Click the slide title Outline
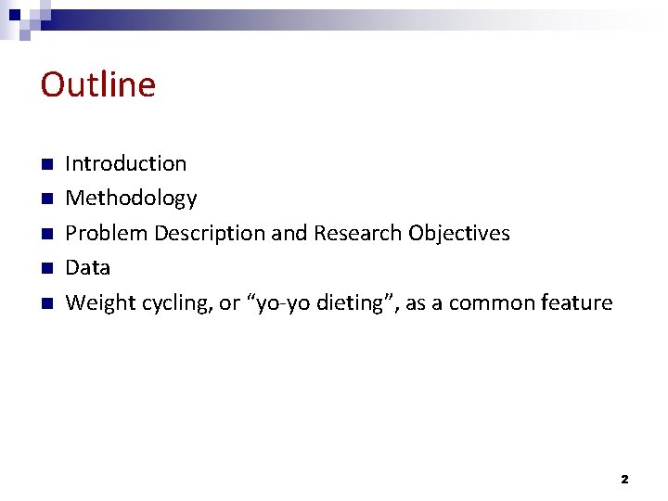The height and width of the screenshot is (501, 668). point(98,84)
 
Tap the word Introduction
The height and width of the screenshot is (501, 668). point(125,164)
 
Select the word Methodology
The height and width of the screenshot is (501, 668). point(131,199)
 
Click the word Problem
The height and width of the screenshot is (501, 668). point(106,233)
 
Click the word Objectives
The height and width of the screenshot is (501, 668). point(459,233)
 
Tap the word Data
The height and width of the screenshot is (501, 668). point(88,268)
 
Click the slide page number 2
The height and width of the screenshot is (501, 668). point(623,480)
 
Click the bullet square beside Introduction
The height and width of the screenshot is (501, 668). point(46,165)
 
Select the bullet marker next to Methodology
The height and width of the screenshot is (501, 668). point(46,199)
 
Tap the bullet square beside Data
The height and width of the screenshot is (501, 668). point(46,269)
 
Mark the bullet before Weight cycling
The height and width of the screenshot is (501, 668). point(46,304)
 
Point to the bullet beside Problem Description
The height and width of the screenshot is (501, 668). point(46,234)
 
